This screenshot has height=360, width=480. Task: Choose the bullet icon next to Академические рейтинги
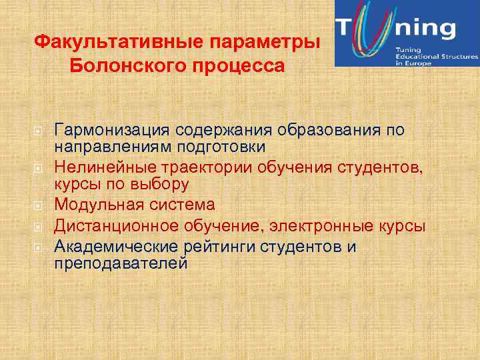39,247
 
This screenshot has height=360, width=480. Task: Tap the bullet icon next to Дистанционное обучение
39,226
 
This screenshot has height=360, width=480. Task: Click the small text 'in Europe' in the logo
413,63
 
